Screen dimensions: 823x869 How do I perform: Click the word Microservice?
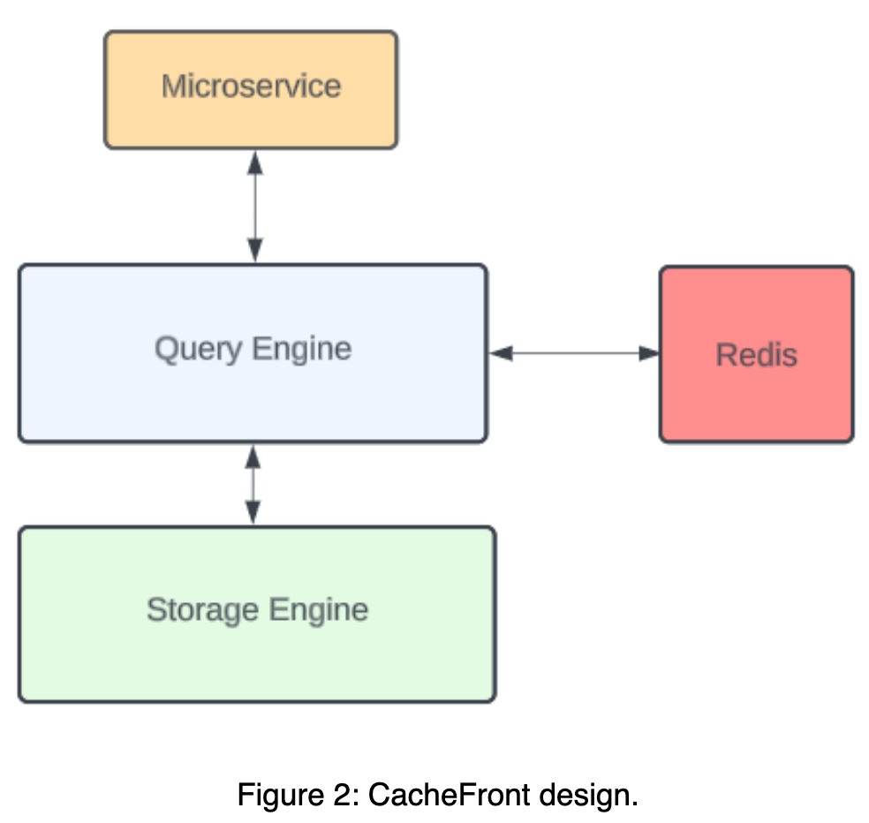(251, 87)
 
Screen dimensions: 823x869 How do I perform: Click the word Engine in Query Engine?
(300, 350)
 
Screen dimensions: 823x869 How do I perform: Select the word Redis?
(756, 355)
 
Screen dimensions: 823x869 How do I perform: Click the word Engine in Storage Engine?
(318, 610)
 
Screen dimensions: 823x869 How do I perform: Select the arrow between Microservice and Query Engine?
(255, 207)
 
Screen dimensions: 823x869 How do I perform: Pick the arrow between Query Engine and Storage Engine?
(253, 485)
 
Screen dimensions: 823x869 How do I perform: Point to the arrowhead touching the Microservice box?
(255, 162)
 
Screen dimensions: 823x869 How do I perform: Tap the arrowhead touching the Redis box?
(649, 353)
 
